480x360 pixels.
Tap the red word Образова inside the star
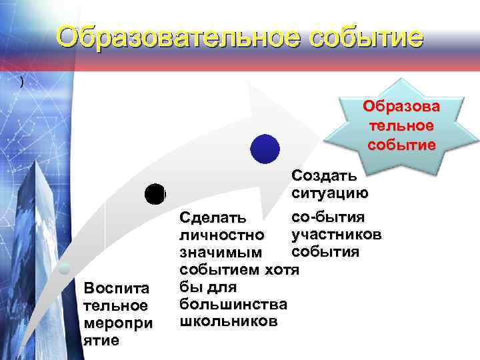coord(401,108)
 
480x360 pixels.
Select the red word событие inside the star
coord(401,145)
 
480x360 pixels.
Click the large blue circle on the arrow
coord(265,148)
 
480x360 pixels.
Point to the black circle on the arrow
coord(155,194)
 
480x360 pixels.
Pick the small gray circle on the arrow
coord(63,269)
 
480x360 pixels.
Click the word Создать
coord(323,177)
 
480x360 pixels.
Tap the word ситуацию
coord(329,194)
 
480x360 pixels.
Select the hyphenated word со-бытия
coord(328,217)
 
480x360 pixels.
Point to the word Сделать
coord(213,218)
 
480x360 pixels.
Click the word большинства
coord(233,305)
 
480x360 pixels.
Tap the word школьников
coord(228,321)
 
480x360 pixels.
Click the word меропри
coord(117,323)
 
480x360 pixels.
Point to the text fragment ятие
coord(101,340)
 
